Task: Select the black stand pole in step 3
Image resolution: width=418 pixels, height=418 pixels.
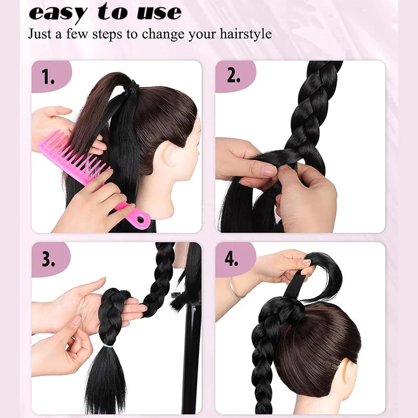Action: coord(192,355)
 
